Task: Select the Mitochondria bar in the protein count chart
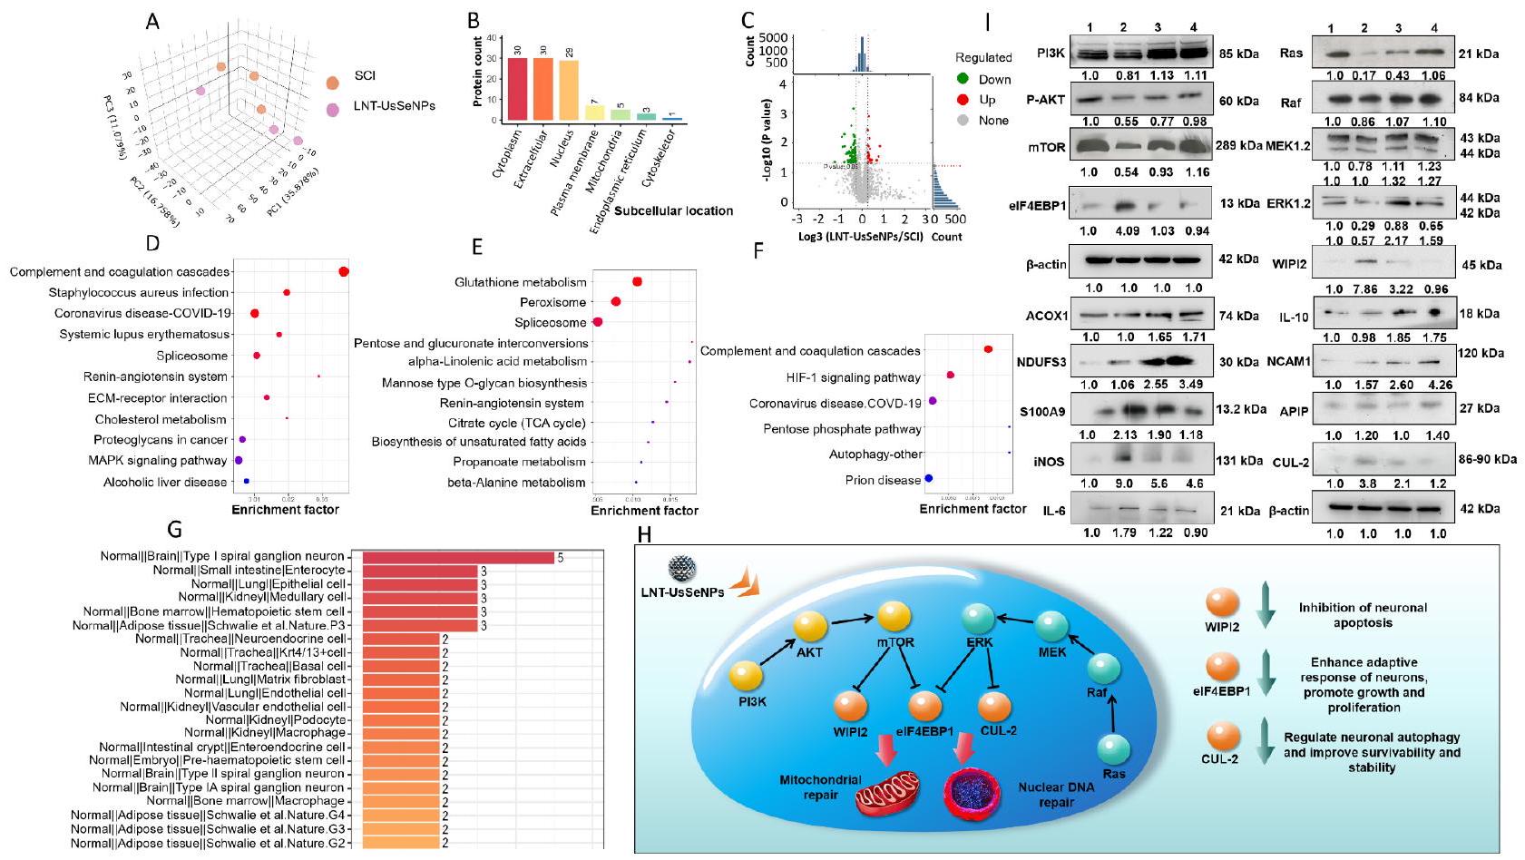(620, 114)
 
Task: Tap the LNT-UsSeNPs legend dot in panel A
(333, 108)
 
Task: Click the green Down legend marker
(963, 79)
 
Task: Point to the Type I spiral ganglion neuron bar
(458, 557)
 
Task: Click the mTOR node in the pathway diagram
(894, 620)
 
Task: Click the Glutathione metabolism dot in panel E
(637, 282)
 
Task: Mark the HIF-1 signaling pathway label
(854, 377)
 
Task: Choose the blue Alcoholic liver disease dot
(247, 482)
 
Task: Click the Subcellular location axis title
(673, 211)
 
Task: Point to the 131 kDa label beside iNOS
(1239, 461)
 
